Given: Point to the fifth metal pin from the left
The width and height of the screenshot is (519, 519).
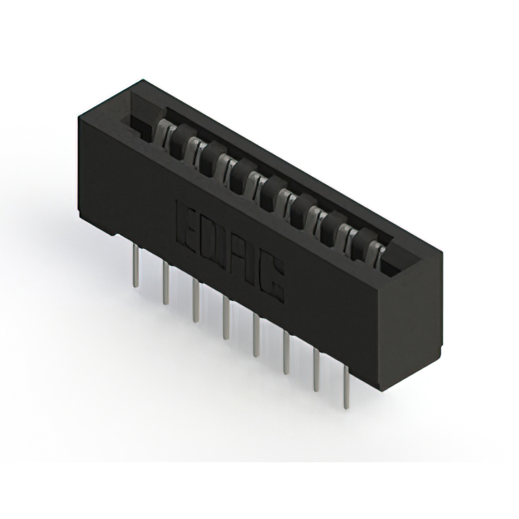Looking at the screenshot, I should (x=255, y=336).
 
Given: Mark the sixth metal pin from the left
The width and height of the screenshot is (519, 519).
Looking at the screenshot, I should (x=285, y=354).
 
